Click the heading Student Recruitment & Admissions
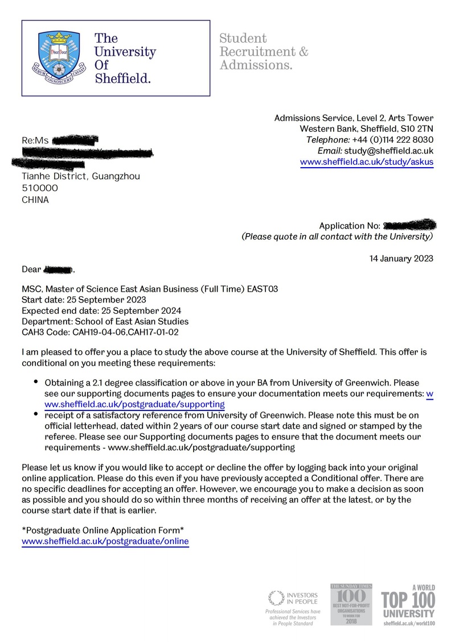point(264,52)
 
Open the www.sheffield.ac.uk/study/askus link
point(367,162)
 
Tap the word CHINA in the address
point(35,200)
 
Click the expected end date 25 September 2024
point(141,311)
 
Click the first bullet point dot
point(36,382)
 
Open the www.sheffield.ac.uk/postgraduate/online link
point(105,541)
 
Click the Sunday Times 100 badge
point(351,604)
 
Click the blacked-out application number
point(409,226)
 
